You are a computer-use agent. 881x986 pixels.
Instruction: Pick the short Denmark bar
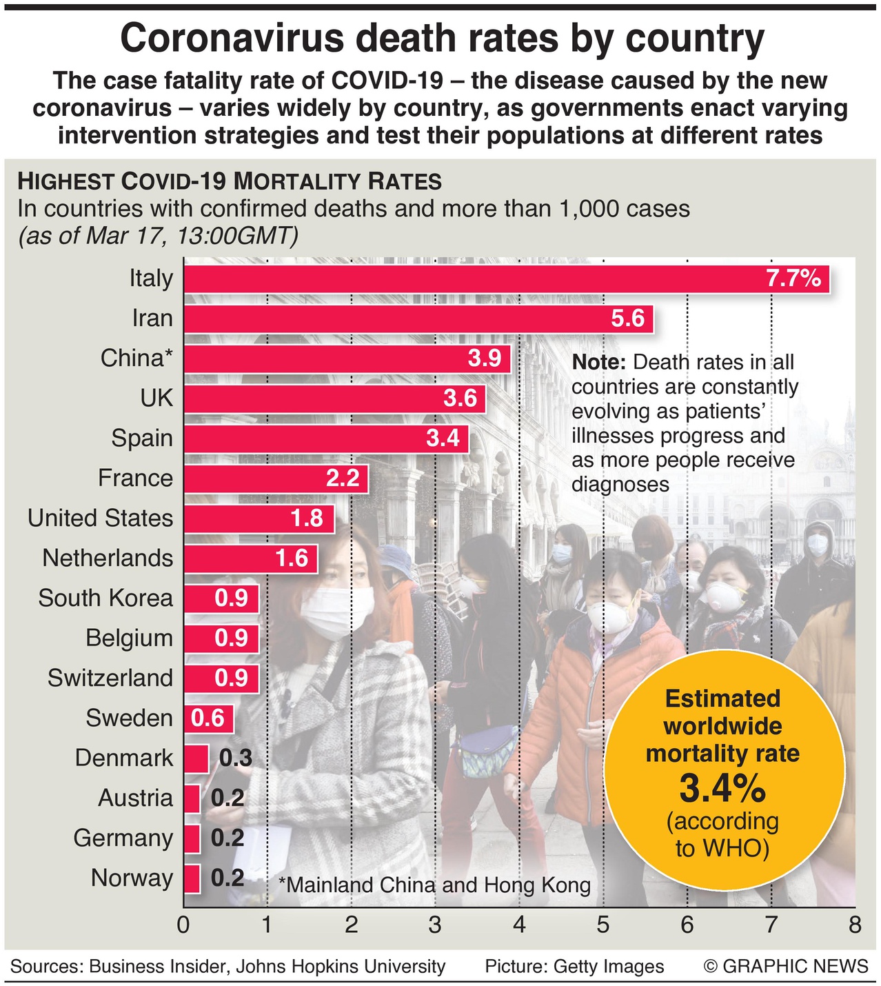click(196, 758)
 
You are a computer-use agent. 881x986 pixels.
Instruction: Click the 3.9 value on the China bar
click(485, 359)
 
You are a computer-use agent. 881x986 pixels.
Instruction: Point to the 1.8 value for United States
click(307, 519)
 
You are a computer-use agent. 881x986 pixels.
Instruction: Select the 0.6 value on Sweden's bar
click(208, 718)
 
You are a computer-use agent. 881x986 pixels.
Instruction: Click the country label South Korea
click(105, 598)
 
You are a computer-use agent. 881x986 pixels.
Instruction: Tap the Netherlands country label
click(108, 559)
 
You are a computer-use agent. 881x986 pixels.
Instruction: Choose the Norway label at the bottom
click(132, 878)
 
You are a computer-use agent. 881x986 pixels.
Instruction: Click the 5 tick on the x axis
click(603, 925)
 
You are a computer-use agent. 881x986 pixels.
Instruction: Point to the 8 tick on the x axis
click(855, 925)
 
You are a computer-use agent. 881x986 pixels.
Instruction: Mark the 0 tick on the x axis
click(183, 925)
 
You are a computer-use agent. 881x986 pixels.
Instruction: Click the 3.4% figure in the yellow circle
click(722, 788)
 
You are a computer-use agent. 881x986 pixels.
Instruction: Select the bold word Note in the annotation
click(598, 363)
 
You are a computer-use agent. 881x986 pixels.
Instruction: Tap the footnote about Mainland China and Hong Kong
click(434, 885)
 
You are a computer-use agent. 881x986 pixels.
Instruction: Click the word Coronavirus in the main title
click(232, 39)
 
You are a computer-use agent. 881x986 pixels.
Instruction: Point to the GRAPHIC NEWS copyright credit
click(786, 967)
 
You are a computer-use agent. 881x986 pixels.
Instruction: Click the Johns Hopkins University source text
click(341, 967)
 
